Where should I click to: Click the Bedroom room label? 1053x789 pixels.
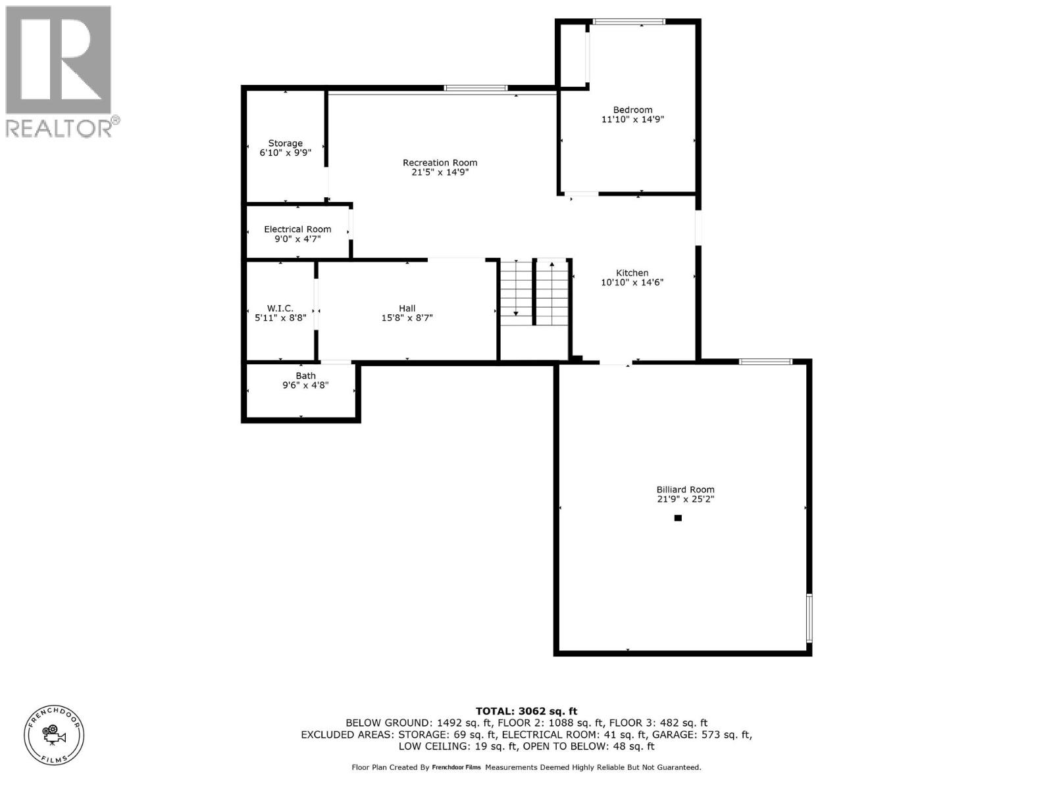tap(632, 110)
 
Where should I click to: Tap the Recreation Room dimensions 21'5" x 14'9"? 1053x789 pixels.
tap(440, 172)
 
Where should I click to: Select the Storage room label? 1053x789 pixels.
tap(285, 143)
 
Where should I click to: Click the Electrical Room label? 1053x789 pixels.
tap(297, 229)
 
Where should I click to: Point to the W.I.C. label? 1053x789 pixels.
tap(280, 308)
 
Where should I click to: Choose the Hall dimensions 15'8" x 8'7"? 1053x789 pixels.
tap(407, 318)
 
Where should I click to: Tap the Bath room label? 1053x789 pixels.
tap(305, 376)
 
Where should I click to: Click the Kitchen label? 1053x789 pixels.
tap(632, 273)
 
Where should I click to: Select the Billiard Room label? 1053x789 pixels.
tap(685, 490)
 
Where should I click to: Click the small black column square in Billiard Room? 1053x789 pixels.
tap(678, 518)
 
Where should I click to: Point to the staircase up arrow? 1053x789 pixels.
tap(552, 265)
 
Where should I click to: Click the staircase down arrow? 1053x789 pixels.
tap(516, 313)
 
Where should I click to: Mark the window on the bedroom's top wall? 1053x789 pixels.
tap(629, 22)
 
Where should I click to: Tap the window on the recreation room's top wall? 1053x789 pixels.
tap(475, 88)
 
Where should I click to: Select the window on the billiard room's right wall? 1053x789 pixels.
tap(809, 618)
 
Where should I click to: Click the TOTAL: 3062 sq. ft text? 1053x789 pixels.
tap(526, 711)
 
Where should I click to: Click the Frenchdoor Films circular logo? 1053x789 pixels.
tap(54, 735)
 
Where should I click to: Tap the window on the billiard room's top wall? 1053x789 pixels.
tap(765, 362)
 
